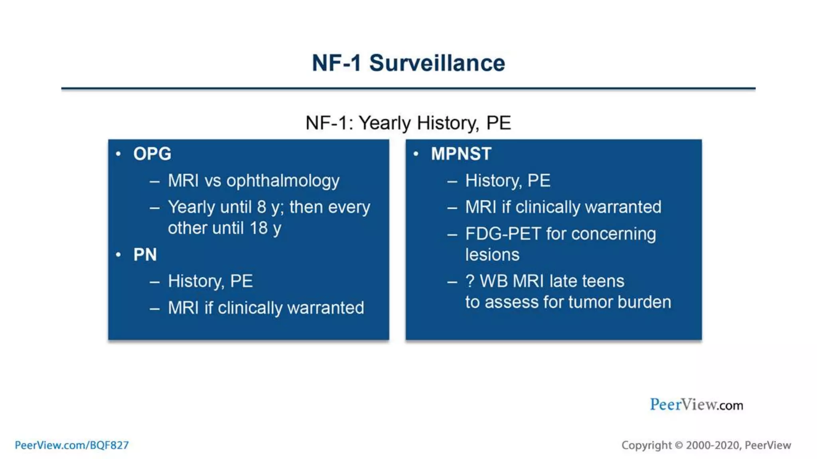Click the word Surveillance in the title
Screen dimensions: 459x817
click(x=437, y=63)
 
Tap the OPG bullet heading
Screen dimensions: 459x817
click(x=152, y=154)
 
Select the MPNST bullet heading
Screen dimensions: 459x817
click(x=461, y=154)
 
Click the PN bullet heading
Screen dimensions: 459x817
click(x=145, y=255)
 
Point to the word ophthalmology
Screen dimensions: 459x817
click(x=283, y=181)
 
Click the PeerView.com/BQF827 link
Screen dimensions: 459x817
click(x=72, y=445)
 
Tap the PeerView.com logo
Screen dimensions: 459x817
click(x=696, y=405)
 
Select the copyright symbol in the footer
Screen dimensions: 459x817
click(x=679, y=445)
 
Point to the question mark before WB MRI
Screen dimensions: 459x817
click(x=470, y=281)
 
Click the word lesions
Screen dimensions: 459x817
click(x=492, y=255)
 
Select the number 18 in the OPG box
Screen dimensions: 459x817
click(x=259, y=228)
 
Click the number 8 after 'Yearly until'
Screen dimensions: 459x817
click(x=261, y=207)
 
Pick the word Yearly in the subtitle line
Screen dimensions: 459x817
click(x=385, y=123)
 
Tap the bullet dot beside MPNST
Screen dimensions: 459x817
click(x=416, y=153)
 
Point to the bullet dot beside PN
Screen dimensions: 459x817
click(x=118, y=254)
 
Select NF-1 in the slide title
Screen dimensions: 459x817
click(x=336, y=63)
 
